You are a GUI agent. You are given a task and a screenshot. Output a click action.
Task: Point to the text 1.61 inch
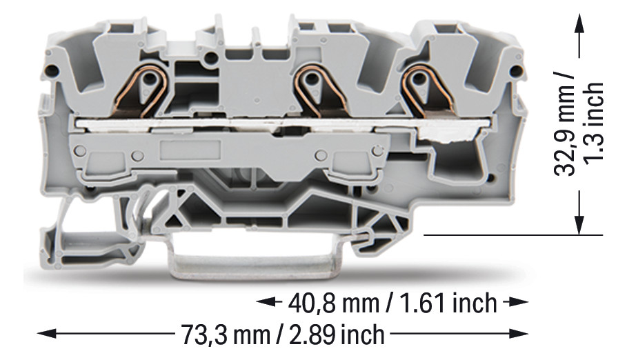pyautogui.click(x=448, y=303)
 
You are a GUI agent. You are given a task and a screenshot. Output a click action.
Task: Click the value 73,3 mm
pyautogui.click(x=226, y=334)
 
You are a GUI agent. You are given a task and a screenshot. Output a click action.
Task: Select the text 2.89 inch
pyautogui.click(x=337, y=334)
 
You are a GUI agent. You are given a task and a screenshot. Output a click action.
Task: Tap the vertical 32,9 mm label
pyautogui.click(x=565, y=124)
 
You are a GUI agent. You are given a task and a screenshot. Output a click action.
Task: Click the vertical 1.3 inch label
pyautogui.click(x=593, y=122)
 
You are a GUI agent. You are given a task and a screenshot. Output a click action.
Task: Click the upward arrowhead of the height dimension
pyautogui.click(x=579, y=20)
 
